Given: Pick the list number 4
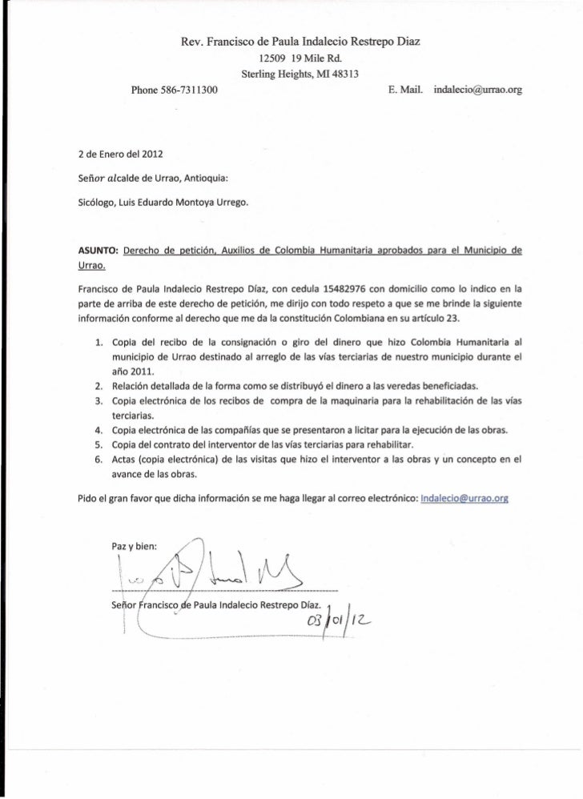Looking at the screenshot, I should (x=98, y=429).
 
